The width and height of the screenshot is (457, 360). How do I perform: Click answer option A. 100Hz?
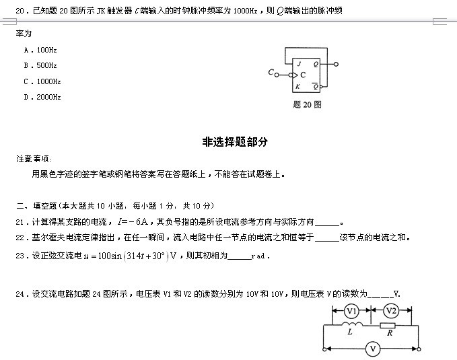click(40, 50)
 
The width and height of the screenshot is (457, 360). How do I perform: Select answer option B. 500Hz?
click(40, 65)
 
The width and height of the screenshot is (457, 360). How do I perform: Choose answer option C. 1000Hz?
click(42, 81)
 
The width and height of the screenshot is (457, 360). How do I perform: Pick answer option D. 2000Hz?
click(42, 97)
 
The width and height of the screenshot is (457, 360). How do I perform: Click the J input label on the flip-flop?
click(299, 64)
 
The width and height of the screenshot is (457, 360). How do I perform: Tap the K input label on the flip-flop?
click(297, 86)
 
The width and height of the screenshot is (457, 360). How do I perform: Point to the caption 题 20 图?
click(307, 104)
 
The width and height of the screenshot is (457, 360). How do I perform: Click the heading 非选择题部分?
click(235, 142)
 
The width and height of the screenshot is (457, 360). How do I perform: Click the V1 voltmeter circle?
click(351, 312)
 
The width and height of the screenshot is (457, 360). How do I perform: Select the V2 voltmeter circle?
click(391, 311)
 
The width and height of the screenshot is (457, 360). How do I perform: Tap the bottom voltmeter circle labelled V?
click(373, 349)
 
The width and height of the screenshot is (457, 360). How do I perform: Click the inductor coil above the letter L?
click(352, 324)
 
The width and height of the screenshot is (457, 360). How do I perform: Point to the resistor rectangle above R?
click(388, 326)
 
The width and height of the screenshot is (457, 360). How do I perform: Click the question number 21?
click(20, 223)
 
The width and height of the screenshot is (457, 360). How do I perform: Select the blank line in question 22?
click(326, 241)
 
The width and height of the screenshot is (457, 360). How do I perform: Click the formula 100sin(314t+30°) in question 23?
click(133, 256)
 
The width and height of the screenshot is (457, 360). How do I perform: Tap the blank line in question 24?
click(380, 297)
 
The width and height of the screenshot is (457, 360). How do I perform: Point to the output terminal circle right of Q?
click(336, 64)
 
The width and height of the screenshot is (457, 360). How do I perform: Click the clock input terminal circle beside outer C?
click(277, 75)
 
